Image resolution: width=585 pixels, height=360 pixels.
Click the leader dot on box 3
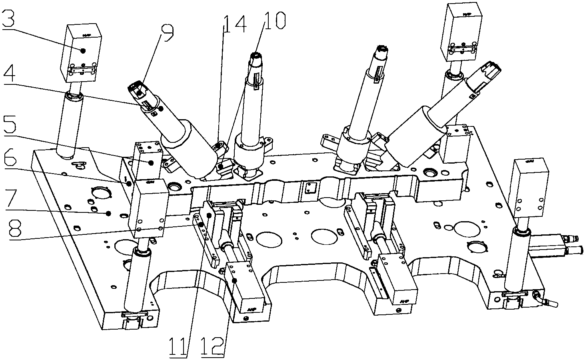click(x=83, y=50)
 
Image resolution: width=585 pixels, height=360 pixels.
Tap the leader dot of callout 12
click(x=235, y=281)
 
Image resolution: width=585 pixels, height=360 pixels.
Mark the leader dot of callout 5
click(x=151, y=162)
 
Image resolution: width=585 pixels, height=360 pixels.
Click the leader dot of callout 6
click(x=129, y=183)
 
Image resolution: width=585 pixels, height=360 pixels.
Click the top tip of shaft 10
click(x=256, y=54)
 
